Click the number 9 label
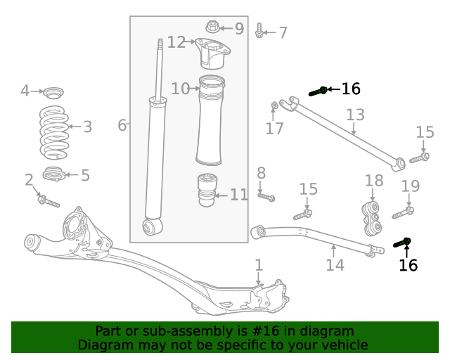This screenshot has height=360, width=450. point(239,29)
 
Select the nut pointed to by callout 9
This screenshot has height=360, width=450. point(212,27)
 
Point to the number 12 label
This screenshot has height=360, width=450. point(176,43)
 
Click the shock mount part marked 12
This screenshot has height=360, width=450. point(210,53)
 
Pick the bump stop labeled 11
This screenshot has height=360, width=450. point(207,190)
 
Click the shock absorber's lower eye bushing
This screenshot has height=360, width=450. point(150,226)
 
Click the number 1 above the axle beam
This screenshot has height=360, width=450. point(259,265)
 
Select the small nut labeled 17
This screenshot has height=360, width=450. point(274,106)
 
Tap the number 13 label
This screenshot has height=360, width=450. point(355,115)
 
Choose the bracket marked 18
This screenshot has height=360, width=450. point(372,217)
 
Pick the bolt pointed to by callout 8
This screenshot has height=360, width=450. point(266,197)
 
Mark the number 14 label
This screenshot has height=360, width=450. point(335,265)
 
